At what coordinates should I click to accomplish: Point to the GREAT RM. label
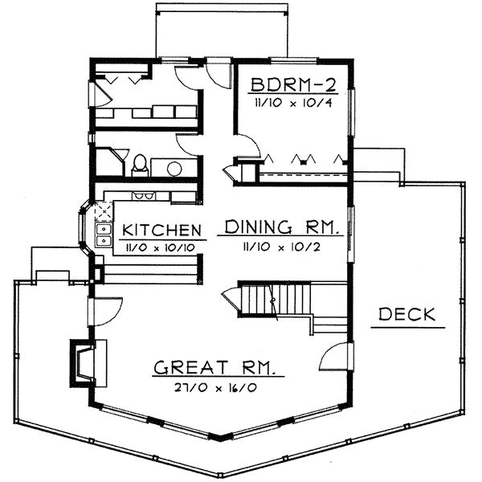pyautogui.click(x=218, y=370)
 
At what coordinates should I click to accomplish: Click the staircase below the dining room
pyautogui.click(x=277, y=299)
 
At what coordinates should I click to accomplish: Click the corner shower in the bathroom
pyautogui.click(x=108, y=165)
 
